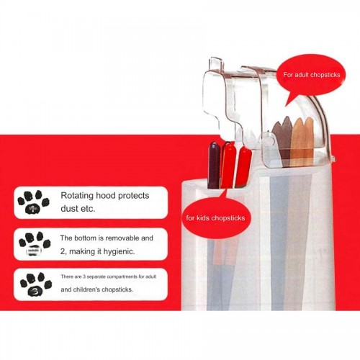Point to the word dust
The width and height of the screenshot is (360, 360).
(x=69, y=209)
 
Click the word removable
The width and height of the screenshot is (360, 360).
(x=122, y=238)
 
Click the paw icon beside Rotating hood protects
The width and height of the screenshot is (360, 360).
(x=33, y=202)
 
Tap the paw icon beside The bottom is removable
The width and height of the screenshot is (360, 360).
(x=35, y=243)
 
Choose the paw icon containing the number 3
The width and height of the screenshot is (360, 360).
(x=36, y=284)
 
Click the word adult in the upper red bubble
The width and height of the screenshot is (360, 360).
(x=302, y=75)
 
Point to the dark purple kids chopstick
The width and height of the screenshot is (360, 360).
(x=214, y=165)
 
